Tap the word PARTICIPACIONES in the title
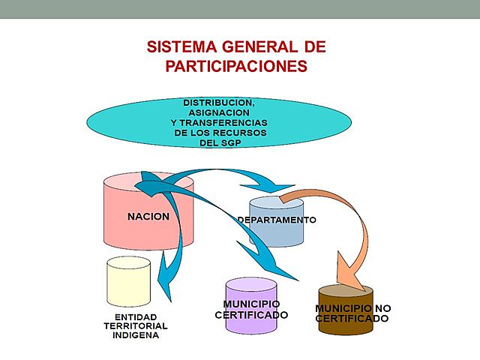[x=236, y=66]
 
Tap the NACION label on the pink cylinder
[x=148, y=217]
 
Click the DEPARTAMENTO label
[x=277, y=220]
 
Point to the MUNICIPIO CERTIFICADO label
[x=251, y=309]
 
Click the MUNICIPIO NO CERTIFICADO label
[x=352, y=313]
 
